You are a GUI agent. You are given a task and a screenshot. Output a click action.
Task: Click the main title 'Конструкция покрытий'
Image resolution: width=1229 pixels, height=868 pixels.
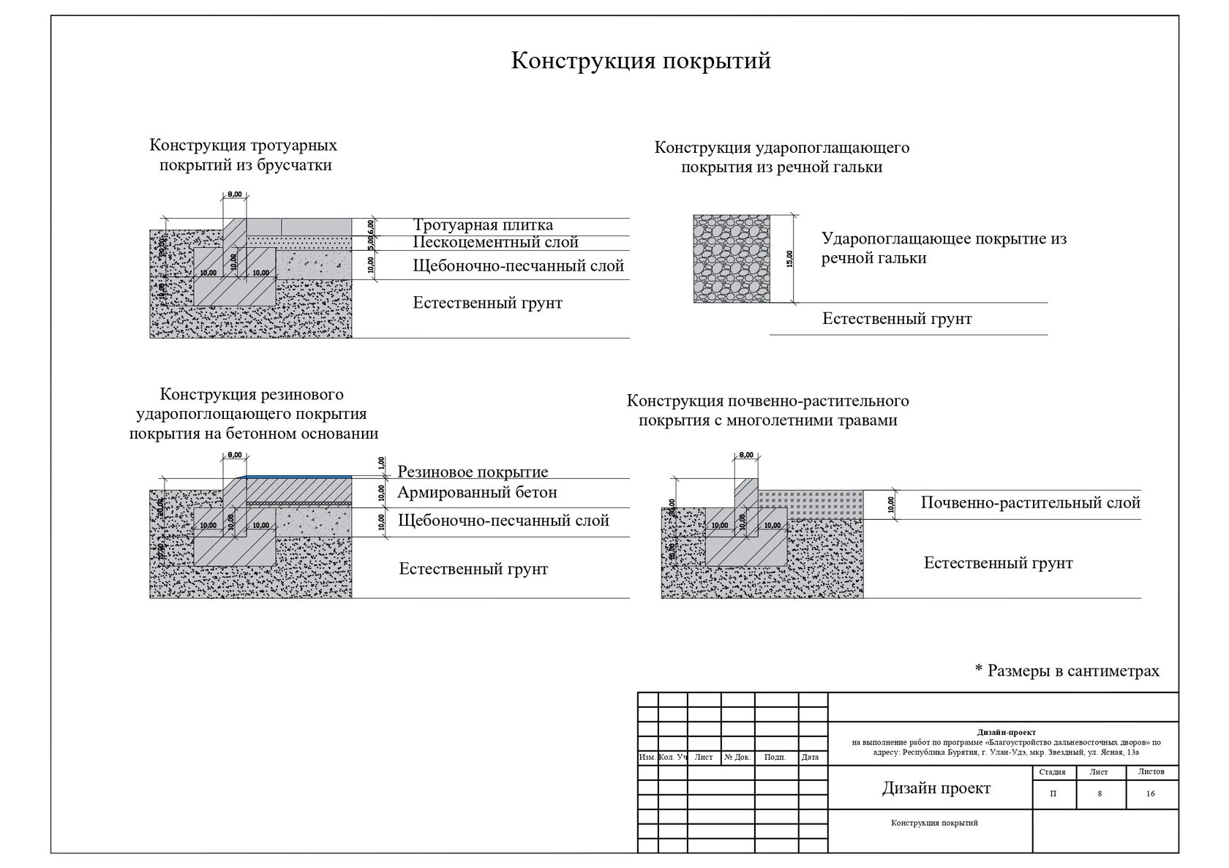[x=640, y=61]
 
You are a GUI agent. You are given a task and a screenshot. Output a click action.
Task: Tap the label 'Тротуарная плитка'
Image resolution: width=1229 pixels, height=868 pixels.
[x=483, y=225]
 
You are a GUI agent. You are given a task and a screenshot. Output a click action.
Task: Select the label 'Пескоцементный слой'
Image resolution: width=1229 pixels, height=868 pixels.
[x=495, y=242]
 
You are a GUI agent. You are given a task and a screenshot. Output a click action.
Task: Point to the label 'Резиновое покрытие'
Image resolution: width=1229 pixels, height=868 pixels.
[x=473, y=472]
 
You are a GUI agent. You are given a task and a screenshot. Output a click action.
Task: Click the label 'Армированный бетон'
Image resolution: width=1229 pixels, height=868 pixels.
[x=477, y=492]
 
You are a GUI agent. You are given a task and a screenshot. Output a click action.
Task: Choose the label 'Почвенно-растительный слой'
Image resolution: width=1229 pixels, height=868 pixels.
[x=1030, y=503]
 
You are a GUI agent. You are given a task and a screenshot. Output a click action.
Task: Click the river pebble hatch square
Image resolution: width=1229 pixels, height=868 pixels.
[x=732, y=258]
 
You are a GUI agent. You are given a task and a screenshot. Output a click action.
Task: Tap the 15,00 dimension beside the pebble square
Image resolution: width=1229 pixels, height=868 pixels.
[x=789, y=259]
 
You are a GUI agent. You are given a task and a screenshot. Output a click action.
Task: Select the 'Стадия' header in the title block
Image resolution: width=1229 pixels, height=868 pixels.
[x=1052, y=772]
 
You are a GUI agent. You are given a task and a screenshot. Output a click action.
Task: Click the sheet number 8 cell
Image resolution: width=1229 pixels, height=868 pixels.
[x=1099, y=794]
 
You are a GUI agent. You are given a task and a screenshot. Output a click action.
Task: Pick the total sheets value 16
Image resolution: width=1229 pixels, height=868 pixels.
[x=1150, y=794]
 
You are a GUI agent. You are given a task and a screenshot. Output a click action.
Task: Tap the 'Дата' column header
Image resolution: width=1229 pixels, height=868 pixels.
[x=810, y=758]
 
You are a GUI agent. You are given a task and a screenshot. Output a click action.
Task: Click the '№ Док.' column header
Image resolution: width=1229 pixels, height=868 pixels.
[x=737, y=758]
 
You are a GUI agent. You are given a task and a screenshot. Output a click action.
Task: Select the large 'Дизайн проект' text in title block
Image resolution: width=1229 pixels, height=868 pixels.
[x=936, y=788]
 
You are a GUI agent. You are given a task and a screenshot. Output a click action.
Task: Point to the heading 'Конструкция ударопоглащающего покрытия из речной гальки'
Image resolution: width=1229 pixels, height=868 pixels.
[x=781, y=157]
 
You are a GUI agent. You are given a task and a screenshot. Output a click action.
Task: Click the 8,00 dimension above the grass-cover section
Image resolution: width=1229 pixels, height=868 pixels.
[x=746, y=455]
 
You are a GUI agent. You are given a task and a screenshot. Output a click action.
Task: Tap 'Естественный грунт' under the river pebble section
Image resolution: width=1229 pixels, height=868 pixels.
[x=897, y=319]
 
